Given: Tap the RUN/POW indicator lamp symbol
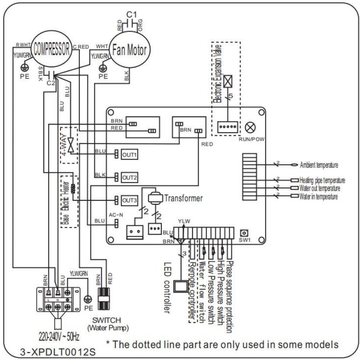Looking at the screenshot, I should pyautogui.click(x=251, y=126).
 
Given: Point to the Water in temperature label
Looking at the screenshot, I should pyautogui.click(x=318, y=197).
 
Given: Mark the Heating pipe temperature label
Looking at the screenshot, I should pyautogui.click(x=323, y=181).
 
